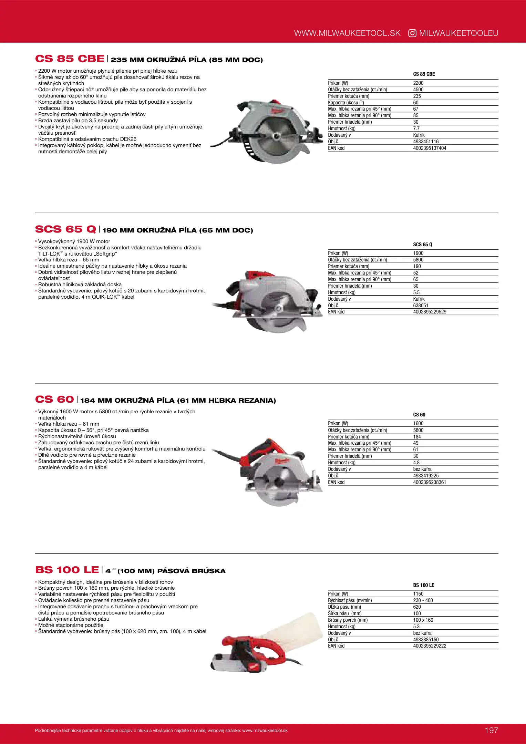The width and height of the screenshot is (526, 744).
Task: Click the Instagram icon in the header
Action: click(x=412, y=33)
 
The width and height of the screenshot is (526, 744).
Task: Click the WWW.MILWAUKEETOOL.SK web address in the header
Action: click(x=347, y=33)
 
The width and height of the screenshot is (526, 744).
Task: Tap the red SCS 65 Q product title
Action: click(x=65, y=229)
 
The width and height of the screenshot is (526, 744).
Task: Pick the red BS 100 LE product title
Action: click(x=67, y=570)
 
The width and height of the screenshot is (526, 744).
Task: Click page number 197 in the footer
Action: click(x=491, y=730)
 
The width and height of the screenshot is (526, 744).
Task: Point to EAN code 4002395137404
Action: click(x=430, y=148)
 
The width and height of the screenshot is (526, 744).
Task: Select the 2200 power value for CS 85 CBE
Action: click(x=418, y=83)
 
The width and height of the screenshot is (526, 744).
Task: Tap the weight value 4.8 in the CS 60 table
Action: click(x=416, y=463)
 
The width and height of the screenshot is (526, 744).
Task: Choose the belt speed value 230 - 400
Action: click(x=423, y=600)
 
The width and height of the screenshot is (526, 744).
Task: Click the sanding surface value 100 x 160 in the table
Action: click(x=423, y=620)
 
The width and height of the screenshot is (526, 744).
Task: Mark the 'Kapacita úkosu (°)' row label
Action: click(x=346, y=103)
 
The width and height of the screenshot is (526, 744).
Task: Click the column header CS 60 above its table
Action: click(x=419, y=415)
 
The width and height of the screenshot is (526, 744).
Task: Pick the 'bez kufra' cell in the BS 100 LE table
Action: click(x=422, y=633)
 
